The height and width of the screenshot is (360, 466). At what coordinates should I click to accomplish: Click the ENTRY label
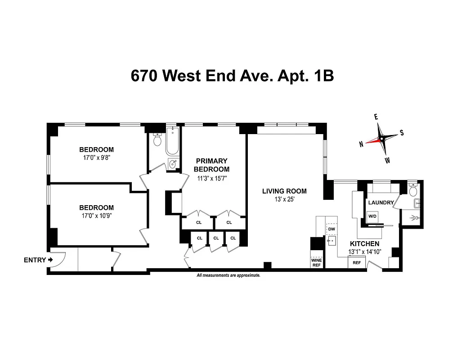(34, 260)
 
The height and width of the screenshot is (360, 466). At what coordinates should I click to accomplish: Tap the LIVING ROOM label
(284, 191)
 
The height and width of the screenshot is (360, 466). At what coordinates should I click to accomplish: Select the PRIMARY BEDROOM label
(211, 165)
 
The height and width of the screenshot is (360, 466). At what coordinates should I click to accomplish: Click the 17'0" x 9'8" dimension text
(96, 158)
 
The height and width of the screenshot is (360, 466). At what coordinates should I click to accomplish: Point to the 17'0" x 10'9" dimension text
(96, 216)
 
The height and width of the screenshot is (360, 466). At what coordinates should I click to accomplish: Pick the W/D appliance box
(372, 216)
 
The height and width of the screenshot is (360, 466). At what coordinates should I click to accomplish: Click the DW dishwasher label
(332, 229)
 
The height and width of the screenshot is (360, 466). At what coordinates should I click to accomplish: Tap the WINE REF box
(317, 262)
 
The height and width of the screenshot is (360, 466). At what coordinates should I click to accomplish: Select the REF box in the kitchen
(357, 262)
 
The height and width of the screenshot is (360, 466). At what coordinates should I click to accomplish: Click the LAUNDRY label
(381, 203)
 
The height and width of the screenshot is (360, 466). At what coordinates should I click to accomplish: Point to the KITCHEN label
(364, 243)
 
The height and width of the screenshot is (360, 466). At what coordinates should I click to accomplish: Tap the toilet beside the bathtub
(157, 140)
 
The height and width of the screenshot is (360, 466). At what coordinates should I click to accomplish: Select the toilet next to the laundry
(413, 190)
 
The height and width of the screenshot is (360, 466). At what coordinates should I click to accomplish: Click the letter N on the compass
(361, 144)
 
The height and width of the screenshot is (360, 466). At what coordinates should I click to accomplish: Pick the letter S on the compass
(402, 133)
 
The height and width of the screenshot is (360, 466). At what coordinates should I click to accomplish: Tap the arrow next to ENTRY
(50, 260)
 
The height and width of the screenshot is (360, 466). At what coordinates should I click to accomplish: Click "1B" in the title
(322, 76)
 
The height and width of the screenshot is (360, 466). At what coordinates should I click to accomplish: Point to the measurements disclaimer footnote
(229, 275)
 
